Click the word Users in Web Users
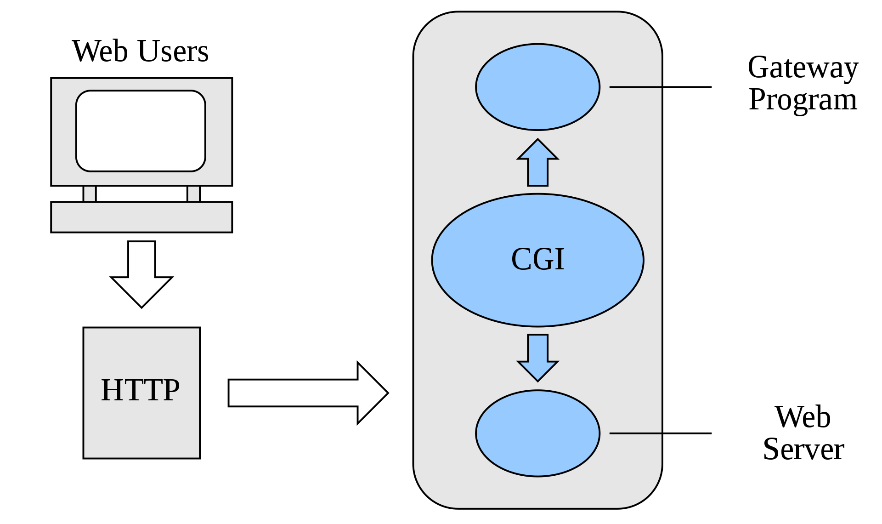pyautogui.click(x=173, y=51)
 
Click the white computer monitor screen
pyautogui.click(x=141, y=131)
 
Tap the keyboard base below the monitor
pyautogui.click(x=141, y=217)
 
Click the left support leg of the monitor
pyautogui.click(x=90, y=194)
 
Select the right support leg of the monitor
pyautogui.click(x=193, y=194)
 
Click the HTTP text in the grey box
pyautogui.click(x=141, y=390)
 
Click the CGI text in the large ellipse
pyautogui.click(x=537, y=259)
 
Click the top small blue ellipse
pyautogui.click(x=537, y=87)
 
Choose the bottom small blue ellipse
pyautogui.click(x=537, y=433)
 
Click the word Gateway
pyautogui.click(x=803, y=68)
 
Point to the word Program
pyautogui.click(x=803, y=100)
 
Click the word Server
pyautogui.click(x=803, y=449)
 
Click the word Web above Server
pyautogui.click(x=803, y=417)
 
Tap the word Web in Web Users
pyautogui.click(x=100, y=51)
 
